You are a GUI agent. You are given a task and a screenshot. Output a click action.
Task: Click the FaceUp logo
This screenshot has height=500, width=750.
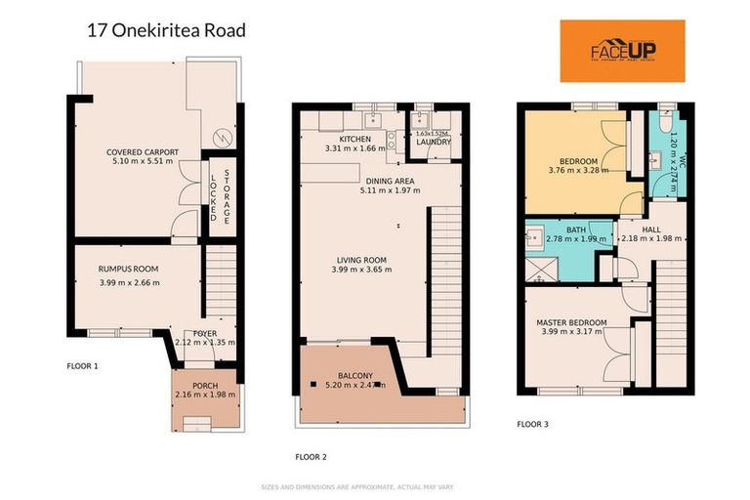pos(621,51)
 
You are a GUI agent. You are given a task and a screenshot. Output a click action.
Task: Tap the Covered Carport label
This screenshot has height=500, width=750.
pos(143,152)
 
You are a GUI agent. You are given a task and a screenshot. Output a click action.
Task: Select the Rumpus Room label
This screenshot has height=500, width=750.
pos(128,269)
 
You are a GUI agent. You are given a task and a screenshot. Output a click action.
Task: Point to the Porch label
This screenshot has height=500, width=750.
pos(204,386)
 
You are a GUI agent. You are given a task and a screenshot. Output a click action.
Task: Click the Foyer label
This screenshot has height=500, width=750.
pos(204,334)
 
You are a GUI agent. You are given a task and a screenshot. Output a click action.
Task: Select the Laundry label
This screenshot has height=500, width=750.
pos(434,142)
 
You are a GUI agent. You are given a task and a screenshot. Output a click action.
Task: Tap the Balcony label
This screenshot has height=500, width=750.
pos(355,375)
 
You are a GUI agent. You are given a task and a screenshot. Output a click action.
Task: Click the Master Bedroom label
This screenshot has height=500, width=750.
pos(571,322)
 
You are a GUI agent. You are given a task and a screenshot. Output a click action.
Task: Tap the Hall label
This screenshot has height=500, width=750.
pos(651,229)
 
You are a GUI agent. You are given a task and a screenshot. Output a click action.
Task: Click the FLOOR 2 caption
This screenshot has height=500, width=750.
pos(311,456)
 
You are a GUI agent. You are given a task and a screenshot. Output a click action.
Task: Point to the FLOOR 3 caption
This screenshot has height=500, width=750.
pos(532,424)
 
